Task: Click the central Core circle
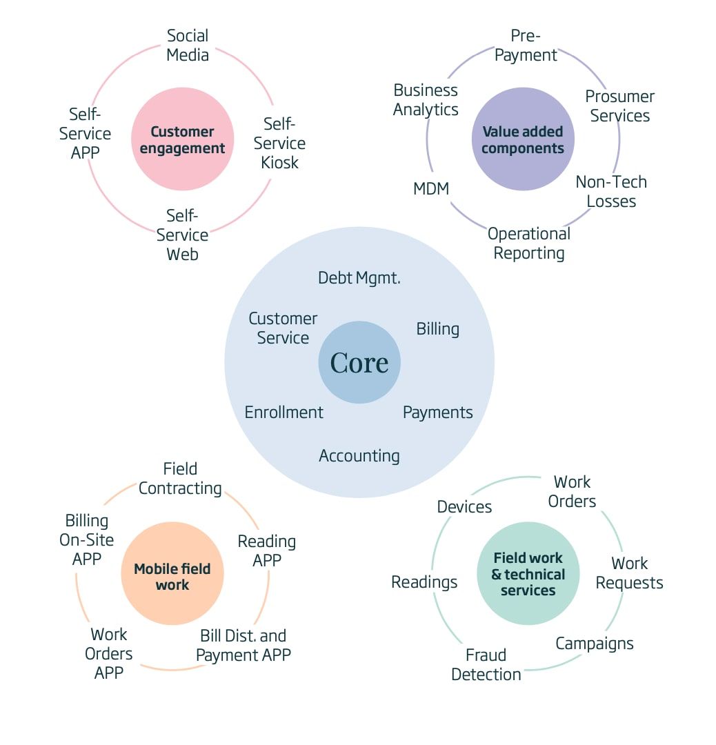click(359, 362)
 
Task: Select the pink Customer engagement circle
click(183, 139)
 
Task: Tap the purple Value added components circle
click(523, 139)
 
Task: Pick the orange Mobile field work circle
click(172, 577)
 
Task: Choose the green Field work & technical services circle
click(528, 574)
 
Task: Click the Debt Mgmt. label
click(359, 278)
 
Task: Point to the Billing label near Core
click(437, 329)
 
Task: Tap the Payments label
click(437, 413)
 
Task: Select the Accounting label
click(359, 456)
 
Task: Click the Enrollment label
click(284, 413)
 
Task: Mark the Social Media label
click(188, 45)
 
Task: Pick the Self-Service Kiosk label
click(279, 143)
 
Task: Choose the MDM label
click(431, 188)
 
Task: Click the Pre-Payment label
click(526, 46)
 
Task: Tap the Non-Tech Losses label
click(611, 192)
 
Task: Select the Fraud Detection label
click(486, 664)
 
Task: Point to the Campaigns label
click(595, 644)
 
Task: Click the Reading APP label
click(267, 550)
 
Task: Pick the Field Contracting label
click(180, 479)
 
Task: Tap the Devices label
click(464, 507)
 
